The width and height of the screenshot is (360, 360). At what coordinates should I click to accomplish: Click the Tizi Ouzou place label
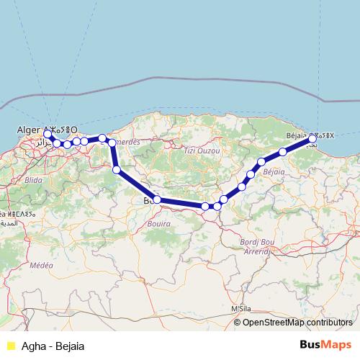(x=200, y=150)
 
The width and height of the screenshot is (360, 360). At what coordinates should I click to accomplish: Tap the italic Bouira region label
(x=159, y=223)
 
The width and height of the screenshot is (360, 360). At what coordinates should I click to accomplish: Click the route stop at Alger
(x=48, y=134)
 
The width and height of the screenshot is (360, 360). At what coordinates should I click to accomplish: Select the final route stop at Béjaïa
(x=312, y=135)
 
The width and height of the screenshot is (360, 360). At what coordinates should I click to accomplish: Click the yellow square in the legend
(x=10, y=346)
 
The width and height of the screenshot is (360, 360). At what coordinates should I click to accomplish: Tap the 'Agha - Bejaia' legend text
(x=53, y=346)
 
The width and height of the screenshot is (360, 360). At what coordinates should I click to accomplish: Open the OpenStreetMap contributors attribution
(x=297, y=323)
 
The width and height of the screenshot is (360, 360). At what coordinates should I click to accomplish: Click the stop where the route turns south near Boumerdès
(x=112, y=143)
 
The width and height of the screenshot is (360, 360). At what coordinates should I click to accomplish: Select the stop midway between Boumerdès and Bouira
(x=117, y=170)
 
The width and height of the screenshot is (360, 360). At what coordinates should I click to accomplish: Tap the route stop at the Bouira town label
(x=157, y=199)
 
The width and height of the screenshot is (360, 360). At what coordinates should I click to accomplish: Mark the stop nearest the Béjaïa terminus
(x=283, y=151)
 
